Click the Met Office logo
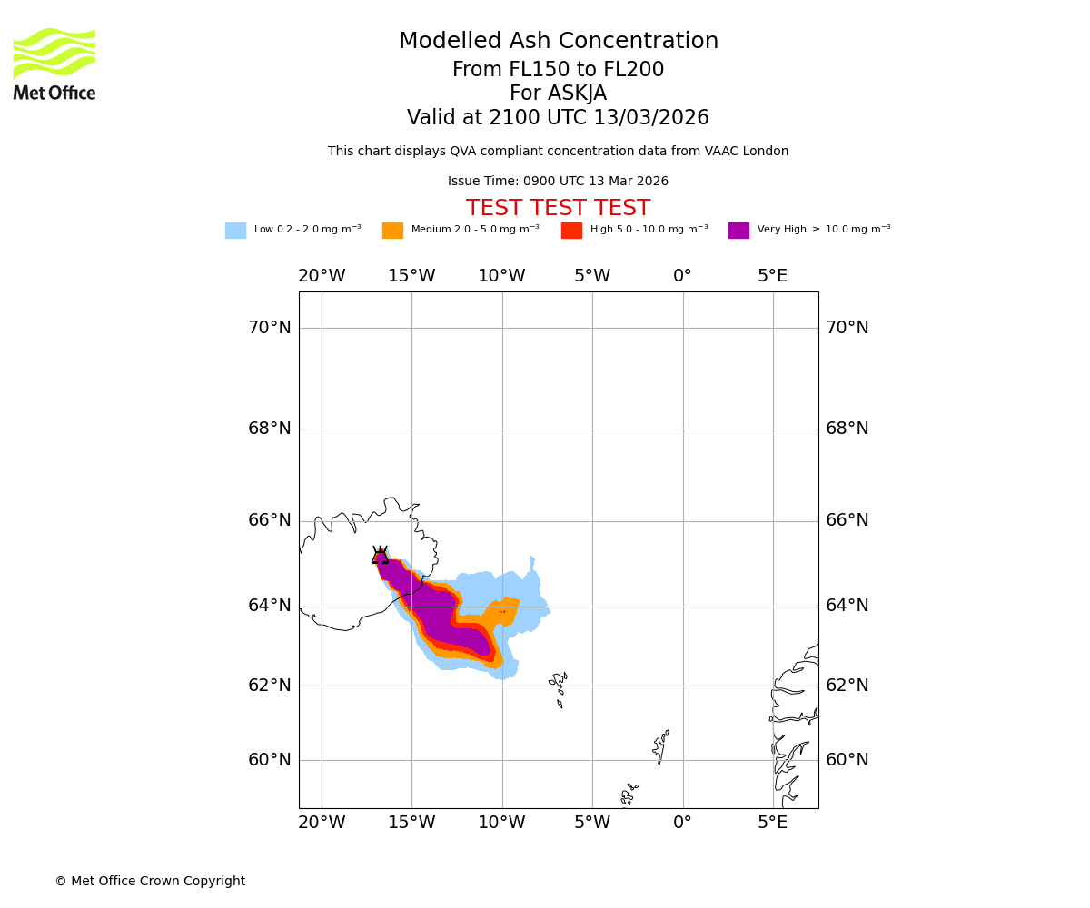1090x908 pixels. (x=54, y=64)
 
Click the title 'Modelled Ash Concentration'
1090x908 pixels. (x=559, y=42)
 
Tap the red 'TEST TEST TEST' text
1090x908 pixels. (x=558, y=209)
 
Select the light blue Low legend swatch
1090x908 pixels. (x=235, y=231)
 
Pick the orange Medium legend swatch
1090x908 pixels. (x=392, y=231)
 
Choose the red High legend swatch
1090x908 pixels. (x=571, y=231)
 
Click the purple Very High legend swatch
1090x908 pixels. (x=738, y=231)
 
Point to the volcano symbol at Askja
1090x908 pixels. (x=380, y=556)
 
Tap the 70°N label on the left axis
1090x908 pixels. (x=270, y=328)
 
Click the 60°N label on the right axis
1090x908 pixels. (x=847, y=760)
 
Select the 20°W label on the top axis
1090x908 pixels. (x=322, y=276)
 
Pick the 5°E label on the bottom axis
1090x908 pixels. (x=773, y=823)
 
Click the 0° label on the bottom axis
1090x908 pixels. (x=683, y=823)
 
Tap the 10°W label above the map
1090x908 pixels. (x=501, y=276)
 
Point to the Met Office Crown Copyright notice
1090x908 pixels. (x=150, y=882)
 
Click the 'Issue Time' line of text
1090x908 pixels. (x=558, y=182)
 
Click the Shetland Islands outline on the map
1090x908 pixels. (x=661, y=746)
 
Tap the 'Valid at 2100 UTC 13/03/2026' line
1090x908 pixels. (x=558, y=118)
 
